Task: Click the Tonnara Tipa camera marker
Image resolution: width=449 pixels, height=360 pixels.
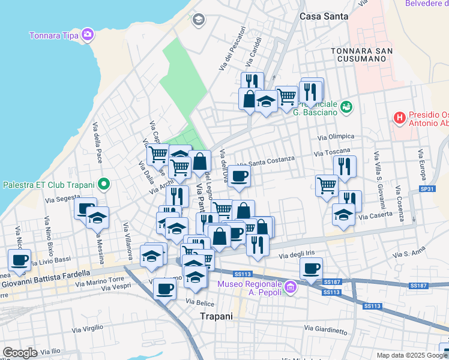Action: pyautogui.click(x=88, y=34)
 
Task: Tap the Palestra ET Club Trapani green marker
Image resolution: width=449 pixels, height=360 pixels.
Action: pyautogui.click(x=104, y=184)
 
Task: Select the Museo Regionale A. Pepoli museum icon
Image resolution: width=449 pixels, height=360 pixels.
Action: pyautogui.click(x=291, y=287)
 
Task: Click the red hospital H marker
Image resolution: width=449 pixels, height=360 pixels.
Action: pyautogui.click(x=399, y=118)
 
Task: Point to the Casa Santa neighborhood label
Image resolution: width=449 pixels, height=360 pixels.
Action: pyautogui.click(x=324, y=17)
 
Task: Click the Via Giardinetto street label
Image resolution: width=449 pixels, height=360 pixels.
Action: pyautogui.click(x=325, y=329)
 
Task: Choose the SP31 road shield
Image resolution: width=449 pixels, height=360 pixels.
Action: pyautogui.click(x=427, y=189)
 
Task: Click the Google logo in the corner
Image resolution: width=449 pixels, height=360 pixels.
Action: pyautogui.click(x=20, y=353)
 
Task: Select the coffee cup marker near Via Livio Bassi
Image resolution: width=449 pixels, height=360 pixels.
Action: pyautogui.click(x=19, y=260)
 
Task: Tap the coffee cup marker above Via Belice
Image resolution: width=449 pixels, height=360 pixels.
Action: pyautogui.click(x=164, y=288)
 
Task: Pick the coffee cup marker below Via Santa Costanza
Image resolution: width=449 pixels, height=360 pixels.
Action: pyautogui.click(x=239, y=176)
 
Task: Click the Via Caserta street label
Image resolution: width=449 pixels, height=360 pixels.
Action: pyautogui.click(x=373, y=214)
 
